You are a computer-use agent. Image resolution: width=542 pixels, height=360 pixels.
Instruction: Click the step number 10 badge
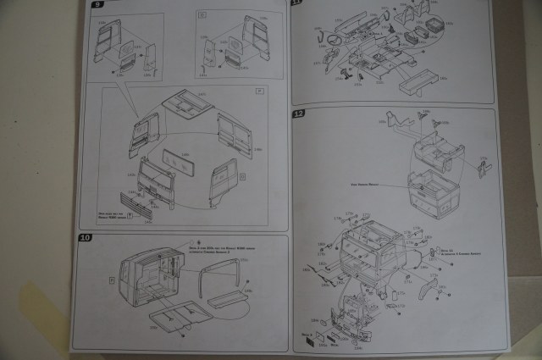(x=83, y=238)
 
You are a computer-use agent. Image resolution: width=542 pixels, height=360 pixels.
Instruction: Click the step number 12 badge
(x=298, y=114)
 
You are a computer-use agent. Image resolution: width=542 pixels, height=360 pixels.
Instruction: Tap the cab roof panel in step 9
(x=190, y=102)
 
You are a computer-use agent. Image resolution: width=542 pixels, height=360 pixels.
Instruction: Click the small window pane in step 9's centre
(x=176, y=160)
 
